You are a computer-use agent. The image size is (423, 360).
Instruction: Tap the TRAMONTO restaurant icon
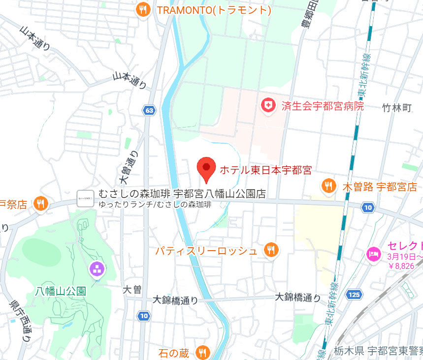(x=143, y=10)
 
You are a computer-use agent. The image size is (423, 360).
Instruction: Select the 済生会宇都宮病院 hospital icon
(x=268, y=105)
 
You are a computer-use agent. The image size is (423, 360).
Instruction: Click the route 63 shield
(x=149, y=110)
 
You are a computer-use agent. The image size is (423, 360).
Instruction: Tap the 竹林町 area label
(x=397, y=108)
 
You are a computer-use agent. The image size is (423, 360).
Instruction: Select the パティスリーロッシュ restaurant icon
(x=270, y=250)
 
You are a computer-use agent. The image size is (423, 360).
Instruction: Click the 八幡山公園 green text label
(x=61, y=291)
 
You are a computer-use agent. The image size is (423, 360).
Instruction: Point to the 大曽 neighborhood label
(x=132, y=290)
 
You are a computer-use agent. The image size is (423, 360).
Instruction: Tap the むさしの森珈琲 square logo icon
(x=85, y=198)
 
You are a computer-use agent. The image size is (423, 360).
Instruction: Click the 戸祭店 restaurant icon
(x=41, y=203)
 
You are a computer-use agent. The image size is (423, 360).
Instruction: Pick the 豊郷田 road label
(x=309, y=17)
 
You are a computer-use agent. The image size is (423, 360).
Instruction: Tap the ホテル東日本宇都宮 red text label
(x=265, y=170)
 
